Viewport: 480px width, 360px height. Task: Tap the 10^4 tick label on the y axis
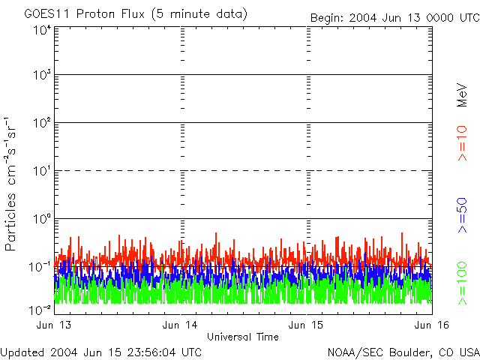pos(42,30)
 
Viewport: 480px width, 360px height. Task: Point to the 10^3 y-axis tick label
pos(42,76)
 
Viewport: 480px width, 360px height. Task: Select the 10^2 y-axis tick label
pos(42,123)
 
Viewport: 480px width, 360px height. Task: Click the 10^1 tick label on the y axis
pos(42,171)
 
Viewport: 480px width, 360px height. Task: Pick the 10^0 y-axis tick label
pos(42,219)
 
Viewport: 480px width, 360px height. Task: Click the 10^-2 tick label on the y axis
pos(40,309)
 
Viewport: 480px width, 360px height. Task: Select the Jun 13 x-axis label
pos(55,325)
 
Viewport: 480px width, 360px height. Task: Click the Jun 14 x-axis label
pos(180,325)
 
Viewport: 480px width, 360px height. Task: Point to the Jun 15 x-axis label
pos(307,325)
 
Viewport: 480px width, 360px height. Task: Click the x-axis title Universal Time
pos(243,337)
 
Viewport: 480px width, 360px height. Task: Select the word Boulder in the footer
pos(409,352)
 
